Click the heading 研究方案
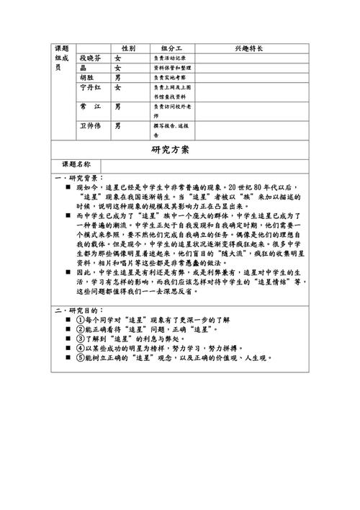[171, 151]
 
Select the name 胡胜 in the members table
[89, 78]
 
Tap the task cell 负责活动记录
[170, 58]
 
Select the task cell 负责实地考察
[170, 78]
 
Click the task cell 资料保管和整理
[172, 68]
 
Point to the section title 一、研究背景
[79, 176]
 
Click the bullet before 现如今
[68, 186]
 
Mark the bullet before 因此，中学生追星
[68, 274]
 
